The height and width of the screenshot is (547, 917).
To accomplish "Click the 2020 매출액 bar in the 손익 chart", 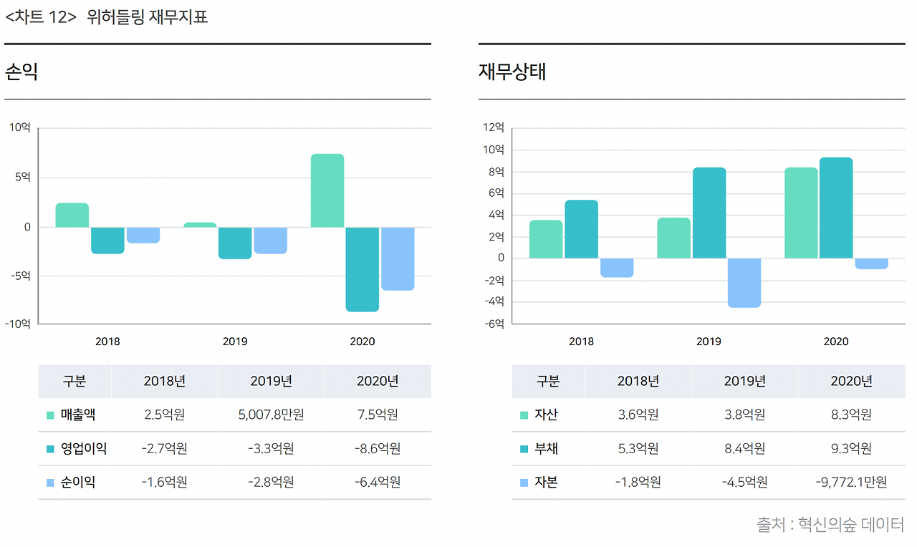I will (327, 190).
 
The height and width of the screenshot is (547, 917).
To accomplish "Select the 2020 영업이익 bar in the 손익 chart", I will (362, 269).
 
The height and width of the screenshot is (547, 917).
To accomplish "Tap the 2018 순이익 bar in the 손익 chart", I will (143, 235).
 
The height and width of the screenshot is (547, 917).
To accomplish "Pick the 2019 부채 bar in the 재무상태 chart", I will (709, 213).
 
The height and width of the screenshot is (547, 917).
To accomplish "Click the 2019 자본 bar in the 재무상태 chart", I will (744, 283).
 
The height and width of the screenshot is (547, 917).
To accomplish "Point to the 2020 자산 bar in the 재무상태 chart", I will (800, 213).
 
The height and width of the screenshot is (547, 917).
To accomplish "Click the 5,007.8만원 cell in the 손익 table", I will (271, 415).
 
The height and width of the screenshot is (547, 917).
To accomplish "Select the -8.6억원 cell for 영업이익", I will (378, 449).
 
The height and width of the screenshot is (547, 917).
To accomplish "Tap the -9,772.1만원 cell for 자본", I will (851, 483).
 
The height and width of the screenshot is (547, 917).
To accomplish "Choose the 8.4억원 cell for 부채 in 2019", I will (744, 449).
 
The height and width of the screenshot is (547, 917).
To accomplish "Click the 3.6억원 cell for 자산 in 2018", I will (638, 415).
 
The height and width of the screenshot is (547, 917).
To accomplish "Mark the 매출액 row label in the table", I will (78, 415).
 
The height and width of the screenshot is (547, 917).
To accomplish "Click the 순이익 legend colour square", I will (50, 483).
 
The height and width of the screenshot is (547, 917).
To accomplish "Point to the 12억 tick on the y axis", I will (494, 127).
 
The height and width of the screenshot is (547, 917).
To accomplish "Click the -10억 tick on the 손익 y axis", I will (19, 324).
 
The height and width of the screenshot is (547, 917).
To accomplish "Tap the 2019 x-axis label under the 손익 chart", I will (235, 342).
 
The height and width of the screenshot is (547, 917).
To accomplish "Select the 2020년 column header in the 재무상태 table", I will (851, 381).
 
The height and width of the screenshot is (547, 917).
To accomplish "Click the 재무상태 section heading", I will (512, 72).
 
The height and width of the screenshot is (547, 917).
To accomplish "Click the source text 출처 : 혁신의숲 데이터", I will (830, 525).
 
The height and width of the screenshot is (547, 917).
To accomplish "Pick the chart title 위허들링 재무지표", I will (147, 17).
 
